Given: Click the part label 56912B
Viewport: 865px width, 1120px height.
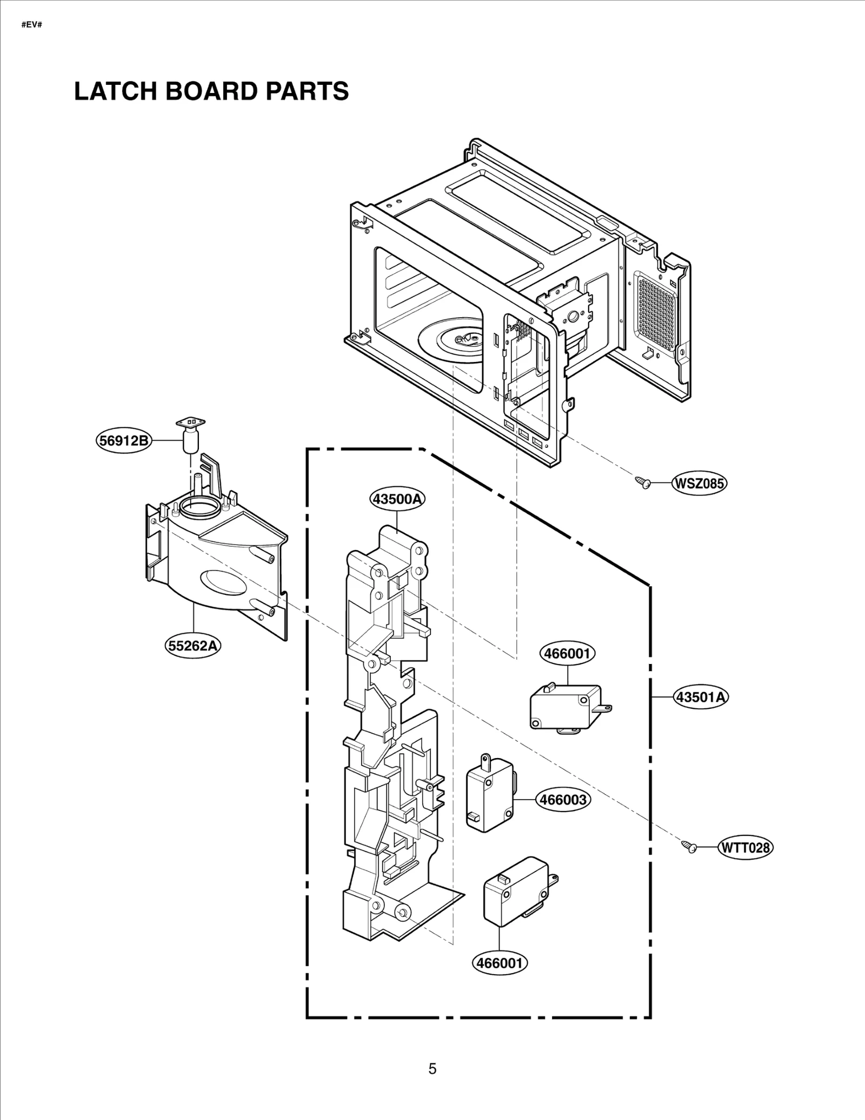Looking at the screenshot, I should point(124,440).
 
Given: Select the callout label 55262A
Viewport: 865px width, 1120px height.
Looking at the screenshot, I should point(193,645).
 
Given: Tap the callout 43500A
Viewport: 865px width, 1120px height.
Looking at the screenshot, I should point(397,499).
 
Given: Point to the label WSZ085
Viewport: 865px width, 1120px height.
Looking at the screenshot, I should point(698,483).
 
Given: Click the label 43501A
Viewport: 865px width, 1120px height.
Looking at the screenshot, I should point(701,697).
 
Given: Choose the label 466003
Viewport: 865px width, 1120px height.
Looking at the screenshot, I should point(563,799).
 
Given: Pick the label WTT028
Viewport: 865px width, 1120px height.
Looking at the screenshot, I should point(745,847).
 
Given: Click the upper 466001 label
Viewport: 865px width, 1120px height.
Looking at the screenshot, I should point(567,653).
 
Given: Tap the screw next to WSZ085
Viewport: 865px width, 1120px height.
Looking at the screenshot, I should point(643,482).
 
